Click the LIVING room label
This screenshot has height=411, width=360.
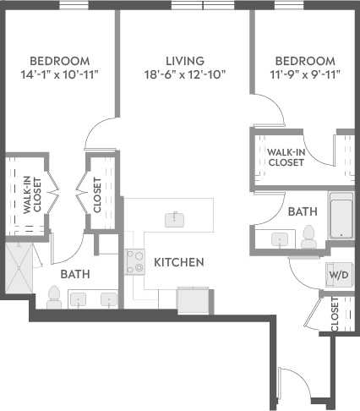[184, 61]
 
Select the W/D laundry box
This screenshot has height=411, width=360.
[337, 275]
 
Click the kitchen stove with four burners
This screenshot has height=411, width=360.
[135, 262]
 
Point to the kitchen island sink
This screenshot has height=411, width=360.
[176, 219]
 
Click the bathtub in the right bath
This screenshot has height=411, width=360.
[341, 216]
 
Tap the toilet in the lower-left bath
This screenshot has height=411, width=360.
[55, 296]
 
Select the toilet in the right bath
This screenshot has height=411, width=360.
[308, 237]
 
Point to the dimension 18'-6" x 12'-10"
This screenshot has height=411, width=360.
[184, 74]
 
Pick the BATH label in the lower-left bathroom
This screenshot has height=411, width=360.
[75, 274]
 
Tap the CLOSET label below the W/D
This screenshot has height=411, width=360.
[335, 313]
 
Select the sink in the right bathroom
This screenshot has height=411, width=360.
[278, 239]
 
